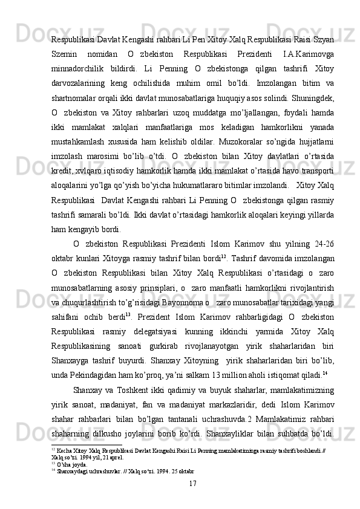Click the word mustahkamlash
[77, 149]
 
